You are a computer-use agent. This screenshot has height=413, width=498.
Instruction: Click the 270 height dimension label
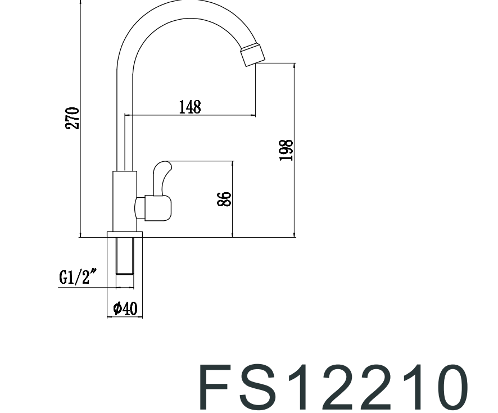click(x=72, y=118)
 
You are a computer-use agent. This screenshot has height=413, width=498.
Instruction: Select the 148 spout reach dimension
click(x=190, y=107)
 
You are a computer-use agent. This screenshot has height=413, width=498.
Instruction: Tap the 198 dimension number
click(x=286, y=151)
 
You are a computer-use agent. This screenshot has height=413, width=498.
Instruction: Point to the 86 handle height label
click(x=224, y=199)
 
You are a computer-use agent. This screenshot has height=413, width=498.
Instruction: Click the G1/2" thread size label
click(x=78, y=277)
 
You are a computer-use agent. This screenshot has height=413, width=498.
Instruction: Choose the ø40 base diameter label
click(x=125, y=308)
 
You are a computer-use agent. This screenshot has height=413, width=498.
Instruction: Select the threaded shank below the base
click(x=125, y=256)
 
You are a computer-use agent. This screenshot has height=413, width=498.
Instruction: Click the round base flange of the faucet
click(x=125, y=234)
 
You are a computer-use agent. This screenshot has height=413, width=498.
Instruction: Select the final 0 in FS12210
click(x=447, y=388)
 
